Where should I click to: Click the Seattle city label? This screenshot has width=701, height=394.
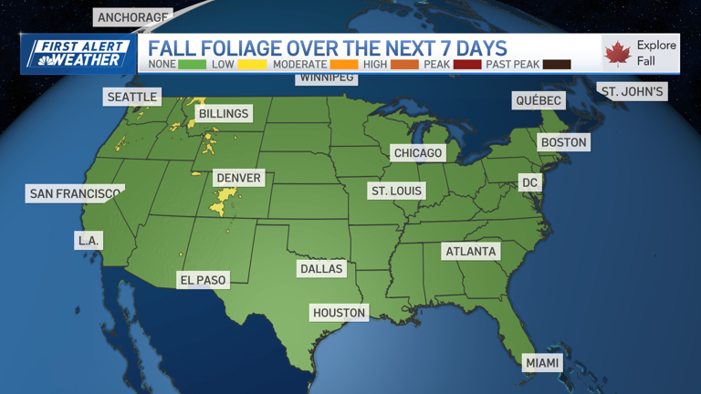(132, 97)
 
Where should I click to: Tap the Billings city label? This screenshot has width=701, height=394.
(223, 114)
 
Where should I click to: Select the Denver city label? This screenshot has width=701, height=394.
(238, 178)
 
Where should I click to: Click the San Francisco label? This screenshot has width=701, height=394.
(75, 193)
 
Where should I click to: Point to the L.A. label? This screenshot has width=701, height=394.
(88, 241)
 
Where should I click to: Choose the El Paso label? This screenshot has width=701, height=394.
(203, 280)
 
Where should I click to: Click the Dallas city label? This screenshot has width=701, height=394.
(321, 269)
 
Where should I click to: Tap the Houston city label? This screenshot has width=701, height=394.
(339, 313)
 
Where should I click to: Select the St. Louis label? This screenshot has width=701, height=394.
(396, 191)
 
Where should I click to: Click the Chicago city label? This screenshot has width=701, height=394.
(418, 153)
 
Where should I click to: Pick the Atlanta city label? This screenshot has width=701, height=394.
(471, 251)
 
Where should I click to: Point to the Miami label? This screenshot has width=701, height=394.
(542, 363)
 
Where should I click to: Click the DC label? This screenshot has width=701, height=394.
(529, 182)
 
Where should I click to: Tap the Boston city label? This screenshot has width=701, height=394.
(563, 142)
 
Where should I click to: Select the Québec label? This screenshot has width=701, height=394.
(538, 100)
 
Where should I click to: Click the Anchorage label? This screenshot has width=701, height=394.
(133, 17)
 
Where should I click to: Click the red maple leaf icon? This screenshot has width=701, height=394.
(617, 53)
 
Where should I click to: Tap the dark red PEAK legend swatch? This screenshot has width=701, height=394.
(467, 65)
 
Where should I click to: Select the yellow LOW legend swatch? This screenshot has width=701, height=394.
(252, 65)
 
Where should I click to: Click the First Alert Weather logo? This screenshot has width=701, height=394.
(78, 54)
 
